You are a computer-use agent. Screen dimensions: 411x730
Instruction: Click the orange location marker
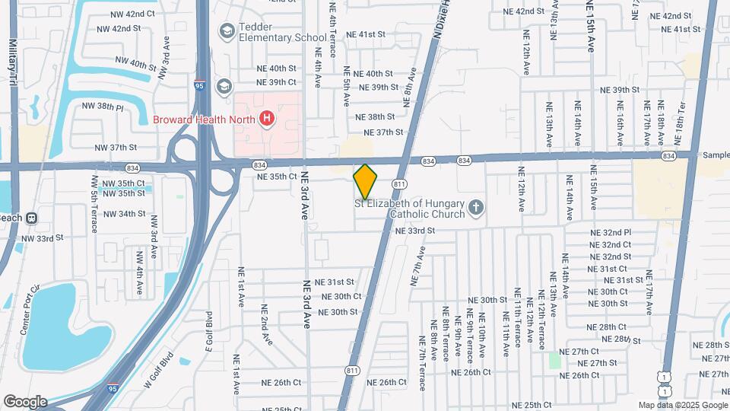(365, 181)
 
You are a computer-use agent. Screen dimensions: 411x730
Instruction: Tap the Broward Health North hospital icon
(266, 118)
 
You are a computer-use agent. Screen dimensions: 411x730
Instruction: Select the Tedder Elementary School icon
(226, 30)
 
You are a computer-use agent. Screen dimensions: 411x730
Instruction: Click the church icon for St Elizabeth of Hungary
(475, 206)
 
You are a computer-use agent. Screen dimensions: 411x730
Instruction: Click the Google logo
(25, 401)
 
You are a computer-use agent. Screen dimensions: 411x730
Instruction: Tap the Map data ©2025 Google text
(682, 405)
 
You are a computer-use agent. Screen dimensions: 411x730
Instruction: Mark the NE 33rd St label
(414, 230)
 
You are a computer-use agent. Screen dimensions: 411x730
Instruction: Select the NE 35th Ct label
(277, 176)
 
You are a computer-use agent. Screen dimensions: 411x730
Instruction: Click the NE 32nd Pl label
(611, 232)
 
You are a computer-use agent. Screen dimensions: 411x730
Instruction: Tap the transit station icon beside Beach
(32, 217)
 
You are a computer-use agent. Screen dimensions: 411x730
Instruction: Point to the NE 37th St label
(383, 132)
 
